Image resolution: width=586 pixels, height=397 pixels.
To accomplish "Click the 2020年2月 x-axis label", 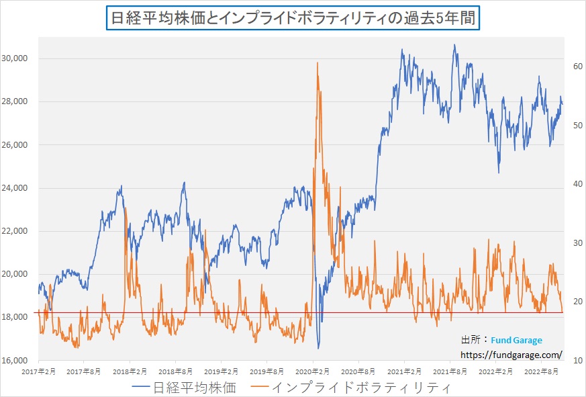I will [x=313, y=371].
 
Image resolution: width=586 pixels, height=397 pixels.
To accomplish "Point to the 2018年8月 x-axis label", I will [x=177, y=371].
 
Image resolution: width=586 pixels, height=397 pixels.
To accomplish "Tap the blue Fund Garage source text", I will [x=517, y=340].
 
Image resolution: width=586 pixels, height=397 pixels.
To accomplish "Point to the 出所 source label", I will [x=473, y=340].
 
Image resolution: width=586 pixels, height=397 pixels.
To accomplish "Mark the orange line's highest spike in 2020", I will [x=317, y=63].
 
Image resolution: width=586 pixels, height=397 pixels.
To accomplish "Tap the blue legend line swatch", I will [x=142, y=388].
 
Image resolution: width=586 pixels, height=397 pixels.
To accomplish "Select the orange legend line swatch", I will [x=262, y=388].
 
